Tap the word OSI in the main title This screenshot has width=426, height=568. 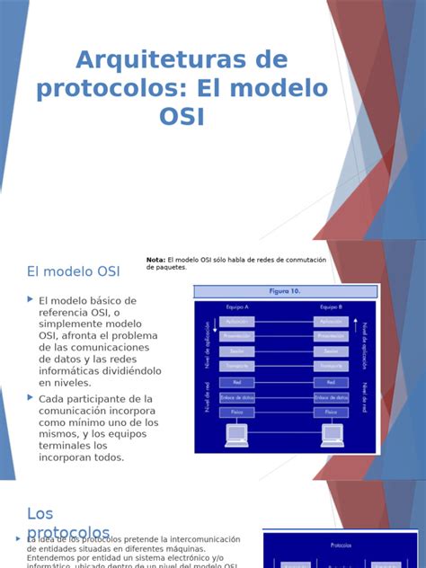point(182,117)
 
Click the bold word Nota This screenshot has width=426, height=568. point(155,260)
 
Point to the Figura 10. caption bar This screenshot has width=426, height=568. point(286,291)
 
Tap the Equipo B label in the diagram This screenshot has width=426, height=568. point(332,306)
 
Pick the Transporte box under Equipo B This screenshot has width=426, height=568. point(332,366)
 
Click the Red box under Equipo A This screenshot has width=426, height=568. point(237,381)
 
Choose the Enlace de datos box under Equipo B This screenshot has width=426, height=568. point(332,396)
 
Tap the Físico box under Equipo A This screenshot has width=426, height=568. point(237,412)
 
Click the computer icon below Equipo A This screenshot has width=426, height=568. point(236,435)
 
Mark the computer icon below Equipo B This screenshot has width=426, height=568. point(333,435)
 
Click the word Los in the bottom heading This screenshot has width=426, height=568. point(40,513)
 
